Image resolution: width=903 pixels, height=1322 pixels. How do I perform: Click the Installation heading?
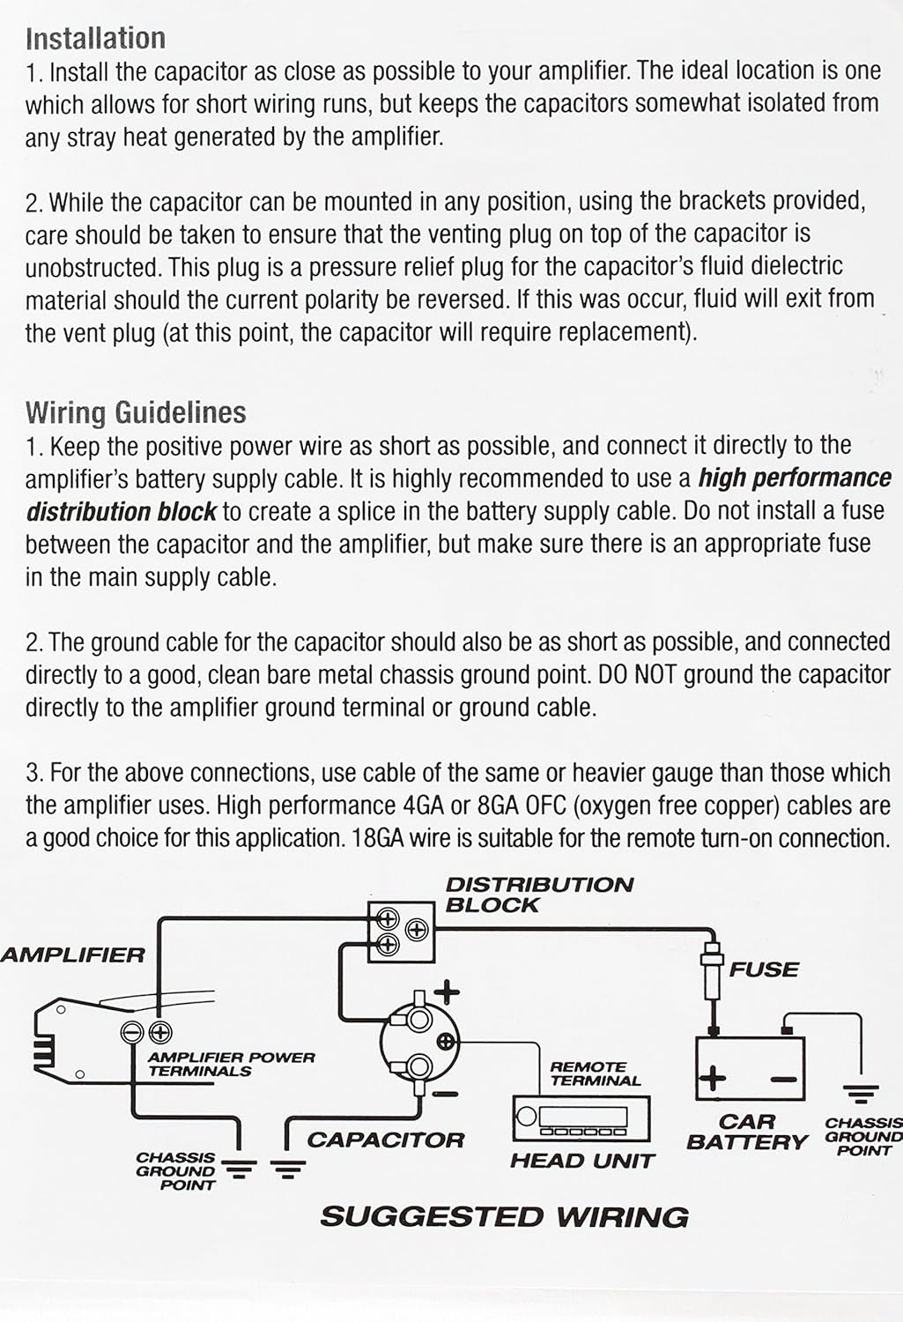95,38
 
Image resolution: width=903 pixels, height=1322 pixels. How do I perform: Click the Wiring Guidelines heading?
136,412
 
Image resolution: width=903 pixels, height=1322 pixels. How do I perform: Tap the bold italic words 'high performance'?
795,478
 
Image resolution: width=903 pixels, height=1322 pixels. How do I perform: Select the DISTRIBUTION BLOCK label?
538,895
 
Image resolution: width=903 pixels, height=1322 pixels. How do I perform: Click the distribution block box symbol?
401,932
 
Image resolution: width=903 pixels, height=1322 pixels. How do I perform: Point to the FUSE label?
764,969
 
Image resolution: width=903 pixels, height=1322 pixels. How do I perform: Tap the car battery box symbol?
751,1066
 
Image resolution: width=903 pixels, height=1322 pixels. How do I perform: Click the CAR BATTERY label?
747,1133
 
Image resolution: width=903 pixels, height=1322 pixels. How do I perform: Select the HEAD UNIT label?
582,1161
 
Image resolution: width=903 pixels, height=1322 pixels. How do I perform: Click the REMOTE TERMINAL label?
596,1073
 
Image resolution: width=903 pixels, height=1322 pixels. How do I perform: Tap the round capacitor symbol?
419,1043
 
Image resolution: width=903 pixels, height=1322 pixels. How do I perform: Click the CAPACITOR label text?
385,1140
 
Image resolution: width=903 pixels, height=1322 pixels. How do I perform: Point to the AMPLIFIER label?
72,955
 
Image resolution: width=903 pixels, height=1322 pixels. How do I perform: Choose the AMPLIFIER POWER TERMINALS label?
231,1064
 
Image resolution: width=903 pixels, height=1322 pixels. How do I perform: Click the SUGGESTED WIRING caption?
504,1217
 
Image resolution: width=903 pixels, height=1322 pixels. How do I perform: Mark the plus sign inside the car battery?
713,1077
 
